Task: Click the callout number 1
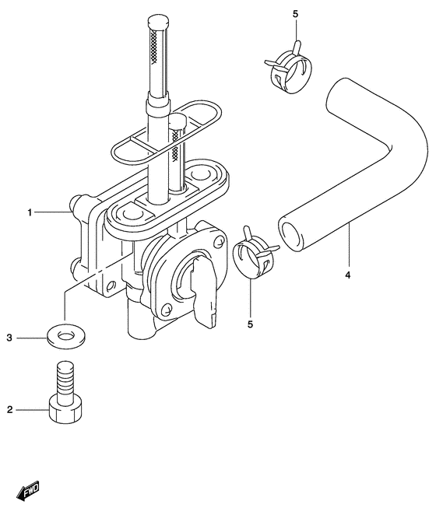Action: [30, 213]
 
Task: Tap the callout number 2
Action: [9, 410]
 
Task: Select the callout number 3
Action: [9, 338]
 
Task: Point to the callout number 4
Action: [348, 275]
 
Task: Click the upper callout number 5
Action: [295, 14]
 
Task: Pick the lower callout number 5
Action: [250, 324]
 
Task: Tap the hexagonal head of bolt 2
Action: [65, 412]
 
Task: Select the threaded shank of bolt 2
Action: [65, 380]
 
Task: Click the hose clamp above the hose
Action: [288, 68]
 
